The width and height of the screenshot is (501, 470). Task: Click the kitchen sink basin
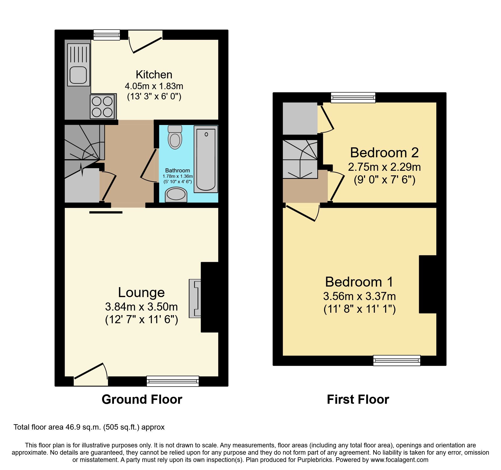[78, 75]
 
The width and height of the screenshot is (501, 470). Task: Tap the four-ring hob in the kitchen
[102, 107]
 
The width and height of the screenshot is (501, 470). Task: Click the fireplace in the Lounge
[195, 298]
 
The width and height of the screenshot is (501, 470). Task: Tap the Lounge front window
[173, 381]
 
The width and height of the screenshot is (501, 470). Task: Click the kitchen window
[107, 35]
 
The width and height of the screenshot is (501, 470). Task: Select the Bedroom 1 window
[396, 360]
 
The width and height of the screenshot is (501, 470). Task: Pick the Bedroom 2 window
[353, 98]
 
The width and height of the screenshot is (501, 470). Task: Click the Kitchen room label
[154, 75]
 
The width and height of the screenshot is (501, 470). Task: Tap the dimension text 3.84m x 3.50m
[141, 307]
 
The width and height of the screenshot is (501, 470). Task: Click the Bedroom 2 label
[384, 153]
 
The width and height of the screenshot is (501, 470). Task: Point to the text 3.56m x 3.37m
[359, 296]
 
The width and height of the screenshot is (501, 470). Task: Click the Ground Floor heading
[142, 399]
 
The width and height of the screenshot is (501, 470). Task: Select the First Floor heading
[358, 399]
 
